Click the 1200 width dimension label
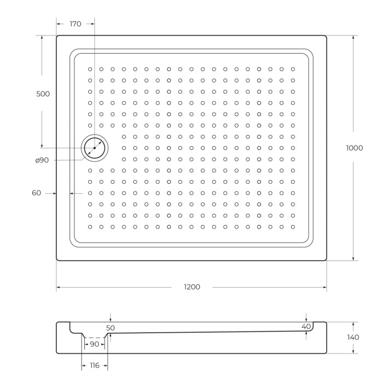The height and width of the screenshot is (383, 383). (191, 287)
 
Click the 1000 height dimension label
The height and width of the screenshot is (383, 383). (355, 148)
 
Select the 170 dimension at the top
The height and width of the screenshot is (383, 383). (76, 24)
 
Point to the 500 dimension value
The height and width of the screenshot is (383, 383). (43, 94)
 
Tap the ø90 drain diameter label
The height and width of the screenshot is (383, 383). (42, 160)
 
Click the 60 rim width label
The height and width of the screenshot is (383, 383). (37, 193)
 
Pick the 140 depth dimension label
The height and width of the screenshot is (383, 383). (353, 337)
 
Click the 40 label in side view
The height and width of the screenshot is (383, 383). (306, 326)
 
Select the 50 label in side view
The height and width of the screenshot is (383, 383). (111, 328)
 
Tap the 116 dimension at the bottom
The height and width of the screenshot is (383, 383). (95, 365)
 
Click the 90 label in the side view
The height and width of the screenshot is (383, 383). (94, 344)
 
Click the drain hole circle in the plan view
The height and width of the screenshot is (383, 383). (95, 148)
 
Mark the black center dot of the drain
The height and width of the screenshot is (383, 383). (95, 148)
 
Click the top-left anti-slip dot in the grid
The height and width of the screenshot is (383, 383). (90, 69)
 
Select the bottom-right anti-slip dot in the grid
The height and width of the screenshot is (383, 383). (293, 227)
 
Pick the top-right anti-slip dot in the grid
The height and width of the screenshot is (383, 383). (293, 69)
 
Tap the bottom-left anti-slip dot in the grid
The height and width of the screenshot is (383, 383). (90, 227)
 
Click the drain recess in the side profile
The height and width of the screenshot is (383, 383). (94, 335)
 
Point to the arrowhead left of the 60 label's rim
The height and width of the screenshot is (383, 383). (55, 193)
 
